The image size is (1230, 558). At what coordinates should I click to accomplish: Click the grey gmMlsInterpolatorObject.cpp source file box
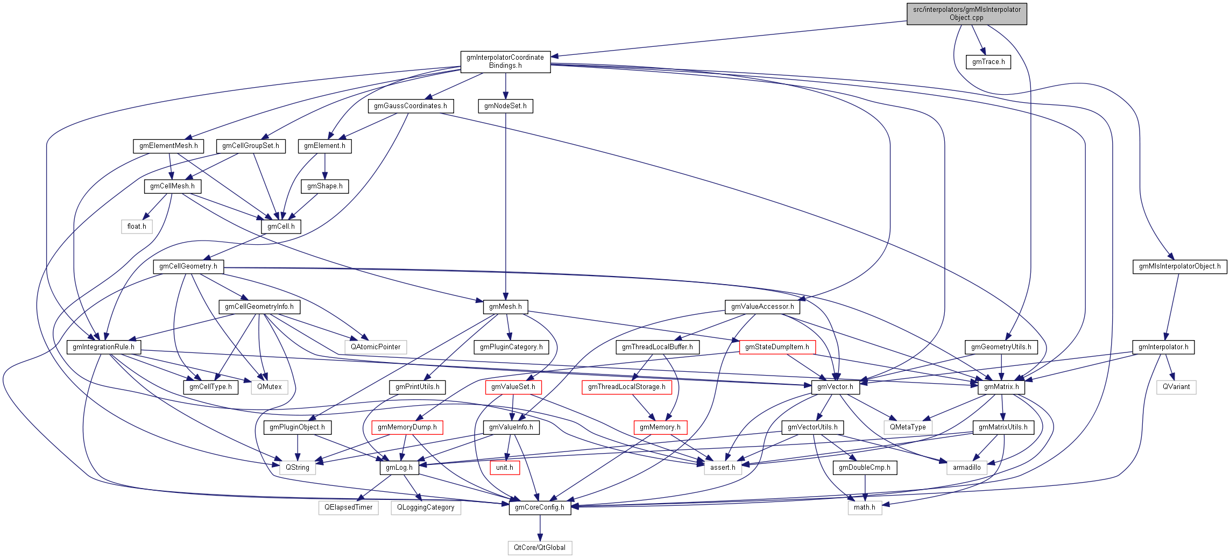[x=966, y=13]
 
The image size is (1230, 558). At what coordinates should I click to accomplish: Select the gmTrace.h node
[x=988, y=62]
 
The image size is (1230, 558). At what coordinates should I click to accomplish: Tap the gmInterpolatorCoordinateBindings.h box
[x=505, y=61]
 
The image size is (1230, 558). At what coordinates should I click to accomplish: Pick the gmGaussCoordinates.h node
[x=411, y=106]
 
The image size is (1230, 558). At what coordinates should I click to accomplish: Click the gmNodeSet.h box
[x=505, y=106]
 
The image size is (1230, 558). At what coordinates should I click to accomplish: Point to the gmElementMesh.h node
[x=168, y=146]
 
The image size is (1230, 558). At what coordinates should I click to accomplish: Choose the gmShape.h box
[x=324, y=186]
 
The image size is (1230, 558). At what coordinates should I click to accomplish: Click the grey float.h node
[x=137, y=227]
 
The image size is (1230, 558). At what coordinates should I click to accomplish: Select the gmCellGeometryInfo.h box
[x=259, y=307]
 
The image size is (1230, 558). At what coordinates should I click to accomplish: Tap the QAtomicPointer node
[x=376, y=347]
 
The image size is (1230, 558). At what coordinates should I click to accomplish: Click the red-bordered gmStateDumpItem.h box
[x=777, y=347]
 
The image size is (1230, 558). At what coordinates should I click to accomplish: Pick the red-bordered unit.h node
[x=505, y=468]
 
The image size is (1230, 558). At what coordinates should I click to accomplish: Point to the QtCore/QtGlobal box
[x=540, y=548]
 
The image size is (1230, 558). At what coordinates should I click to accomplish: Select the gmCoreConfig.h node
[x=540, y=507]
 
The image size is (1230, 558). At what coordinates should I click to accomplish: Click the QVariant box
[x=1176, y=387]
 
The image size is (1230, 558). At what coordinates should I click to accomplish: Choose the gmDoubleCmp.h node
[x=865, y=468]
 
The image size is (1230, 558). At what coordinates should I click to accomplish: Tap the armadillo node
[x=966, y=468]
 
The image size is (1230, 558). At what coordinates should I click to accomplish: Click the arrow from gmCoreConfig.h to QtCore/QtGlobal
[x=540, y=528]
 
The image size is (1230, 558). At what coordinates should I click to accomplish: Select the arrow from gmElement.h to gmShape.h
[x=324, y=166]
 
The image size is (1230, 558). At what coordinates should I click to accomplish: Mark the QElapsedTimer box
[x=348, y=507]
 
